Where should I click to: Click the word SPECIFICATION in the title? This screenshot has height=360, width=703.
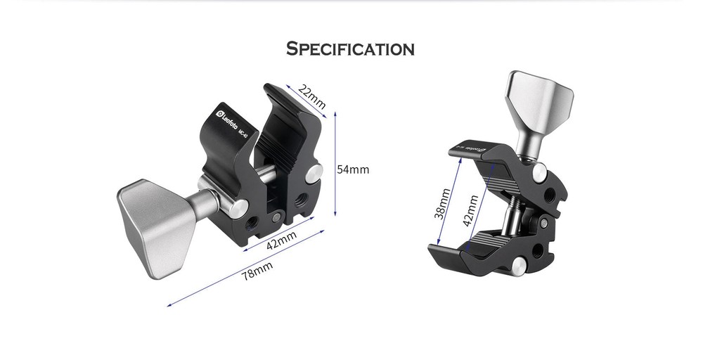point(350,49)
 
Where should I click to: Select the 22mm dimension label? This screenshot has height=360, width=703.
point(312,97)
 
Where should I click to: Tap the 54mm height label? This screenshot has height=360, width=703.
point(353,169)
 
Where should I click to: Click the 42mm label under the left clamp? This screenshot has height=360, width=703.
point(280,242)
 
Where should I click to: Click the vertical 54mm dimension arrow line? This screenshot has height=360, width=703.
point(335,164)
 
